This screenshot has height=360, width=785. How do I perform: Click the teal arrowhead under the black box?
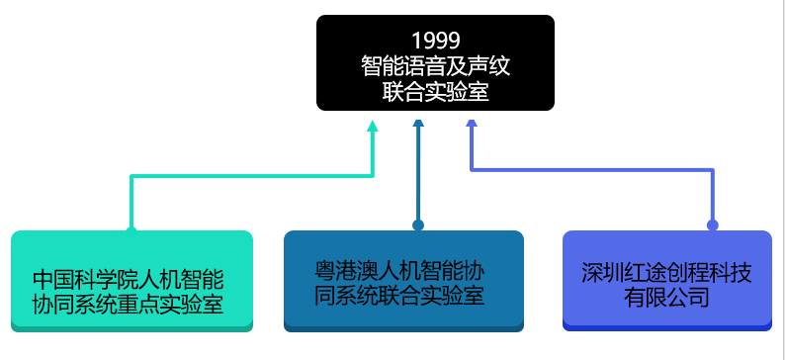(373, 127)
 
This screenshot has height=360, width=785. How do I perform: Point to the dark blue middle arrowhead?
(418, 124)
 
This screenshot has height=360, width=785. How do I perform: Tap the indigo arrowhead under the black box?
(472, 124)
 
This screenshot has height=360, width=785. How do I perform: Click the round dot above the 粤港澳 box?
(418, 225)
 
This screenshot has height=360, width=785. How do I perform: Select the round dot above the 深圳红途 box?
(712, 225)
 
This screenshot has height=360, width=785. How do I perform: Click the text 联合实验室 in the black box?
(435, 92)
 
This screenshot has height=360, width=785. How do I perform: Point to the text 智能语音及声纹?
(435, 66)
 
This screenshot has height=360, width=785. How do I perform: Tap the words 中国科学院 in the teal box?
(81, 278)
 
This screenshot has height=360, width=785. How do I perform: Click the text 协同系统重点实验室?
(128, 305)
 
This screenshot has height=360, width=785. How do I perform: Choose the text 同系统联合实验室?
(399, 295)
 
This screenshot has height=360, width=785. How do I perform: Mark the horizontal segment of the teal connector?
(252, 176)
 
